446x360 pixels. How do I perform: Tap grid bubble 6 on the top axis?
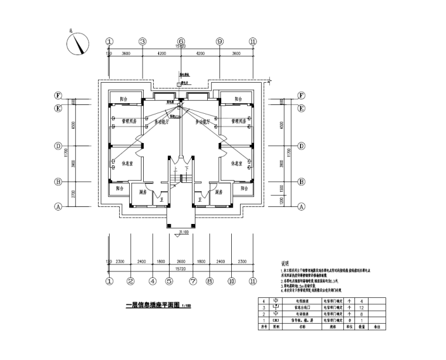tap(181, 42)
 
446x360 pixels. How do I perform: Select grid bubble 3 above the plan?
tap(142, 42)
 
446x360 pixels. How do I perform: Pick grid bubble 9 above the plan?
tap(219, 42)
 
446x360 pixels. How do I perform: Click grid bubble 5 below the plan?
tap(168, 281)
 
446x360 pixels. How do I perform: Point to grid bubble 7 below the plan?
tap(192, 281)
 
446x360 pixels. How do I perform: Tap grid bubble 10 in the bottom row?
tap(231, 281)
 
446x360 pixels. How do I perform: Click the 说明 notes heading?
tap(286, 263)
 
